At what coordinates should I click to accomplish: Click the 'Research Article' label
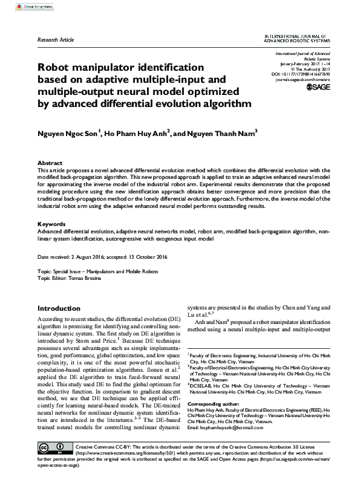click(55, 39)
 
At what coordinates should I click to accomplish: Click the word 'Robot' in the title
click(56, 67)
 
